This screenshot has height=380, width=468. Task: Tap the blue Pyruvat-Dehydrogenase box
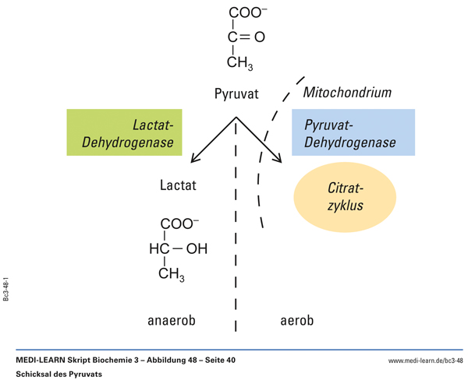point(353,133)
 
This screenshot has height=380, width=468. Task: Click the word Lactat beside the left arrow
point(178,186)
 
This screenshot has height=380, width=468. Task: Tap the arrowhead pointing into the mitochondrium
point(276,159)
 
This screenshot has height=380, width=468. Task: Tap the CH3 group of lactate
point(172,274)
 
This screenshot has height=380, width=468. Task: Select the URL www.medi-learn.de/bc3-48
point(425,361)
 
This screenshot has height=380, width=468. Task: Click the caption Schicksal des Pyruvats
point(58,374)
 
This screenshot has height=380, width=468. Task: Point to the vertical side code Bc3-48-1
point(6,287)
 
